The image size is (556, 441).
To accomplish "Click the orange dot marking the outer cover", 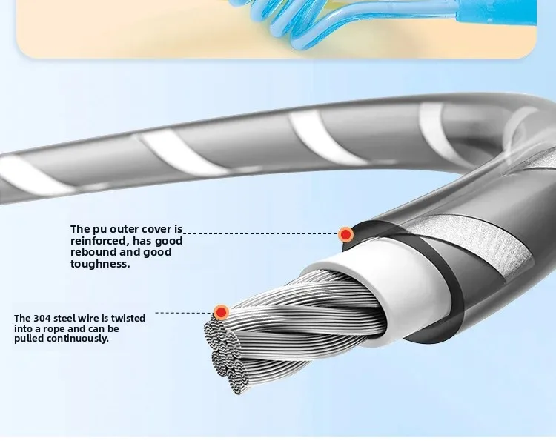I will [345, 234].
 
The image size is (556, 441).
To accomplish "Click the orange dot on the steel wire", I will [220, 312].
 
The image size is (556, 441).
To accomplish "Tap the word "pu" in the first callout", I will [99, 229].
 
